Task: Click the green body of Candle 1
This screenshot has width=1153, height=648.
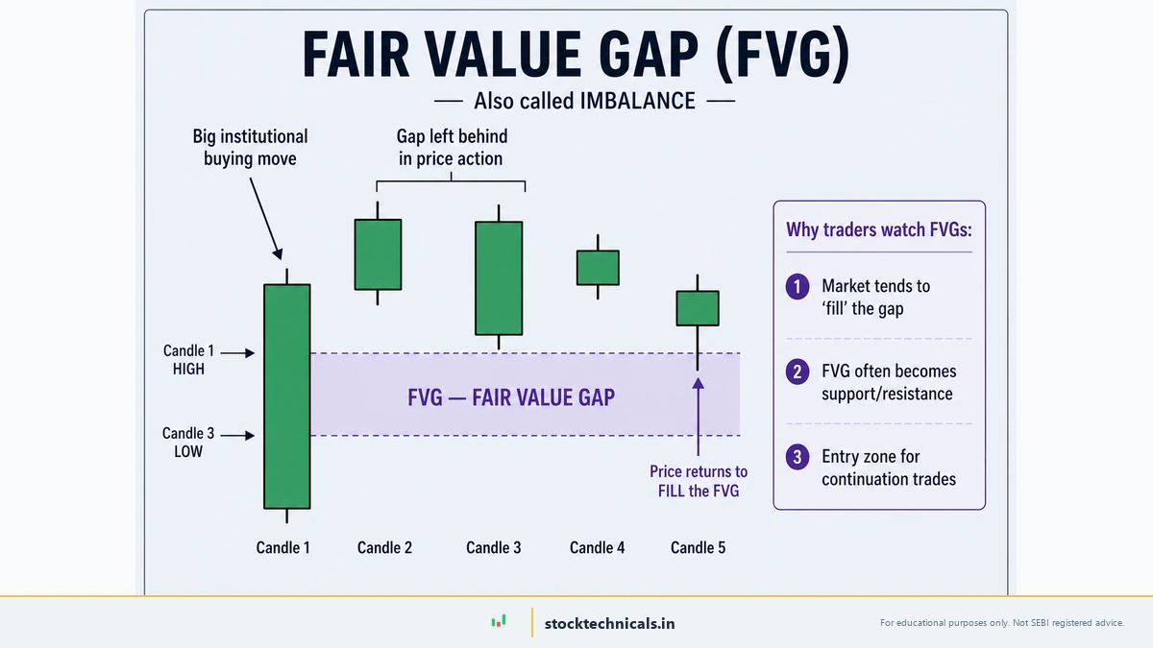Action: click(287, 396)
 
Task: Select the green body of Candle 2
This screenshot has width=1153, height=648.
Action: click(378, 254)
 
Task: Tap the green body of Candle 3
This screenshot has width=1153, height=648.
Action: click(499, 278)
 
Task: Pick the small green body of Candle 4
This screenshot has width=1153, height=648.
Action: click(598, 268)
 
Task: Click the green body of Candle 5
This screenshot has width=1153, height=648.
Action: click(698, 308)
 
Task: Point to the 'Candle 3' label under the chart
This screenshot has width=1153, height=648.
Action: click(494, 548)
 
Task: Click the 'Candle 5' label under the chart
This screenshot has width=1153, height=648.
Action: click(698, 548)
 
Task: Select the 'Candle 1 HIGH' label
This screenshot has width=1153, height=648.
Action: click(188, 360)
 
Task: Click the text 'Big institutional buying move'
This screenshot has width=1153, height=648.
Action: click(250, 148)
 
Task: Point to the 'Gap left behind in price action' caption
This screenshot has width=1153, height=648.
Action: click(451, 148)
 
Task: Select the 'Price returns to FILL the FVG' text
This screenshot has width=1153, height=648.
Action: click(699, 482)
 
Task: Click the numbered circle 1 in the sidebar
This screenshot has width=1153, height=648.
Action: click(797, 286)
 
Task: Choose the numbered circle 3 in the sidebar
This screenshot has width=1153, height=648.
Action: click(797, 457)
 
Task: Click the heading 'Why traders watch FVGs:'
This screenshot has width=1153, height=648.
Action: click(878, 229)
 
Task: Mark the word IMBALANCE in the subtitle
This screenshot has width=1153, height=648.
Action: click(637, 101)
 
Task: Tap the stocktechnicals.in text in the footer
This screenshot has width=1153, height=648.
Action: click(609, 623)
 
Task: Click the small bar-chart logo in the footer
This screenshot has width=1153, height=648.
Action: click(498, 622)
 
